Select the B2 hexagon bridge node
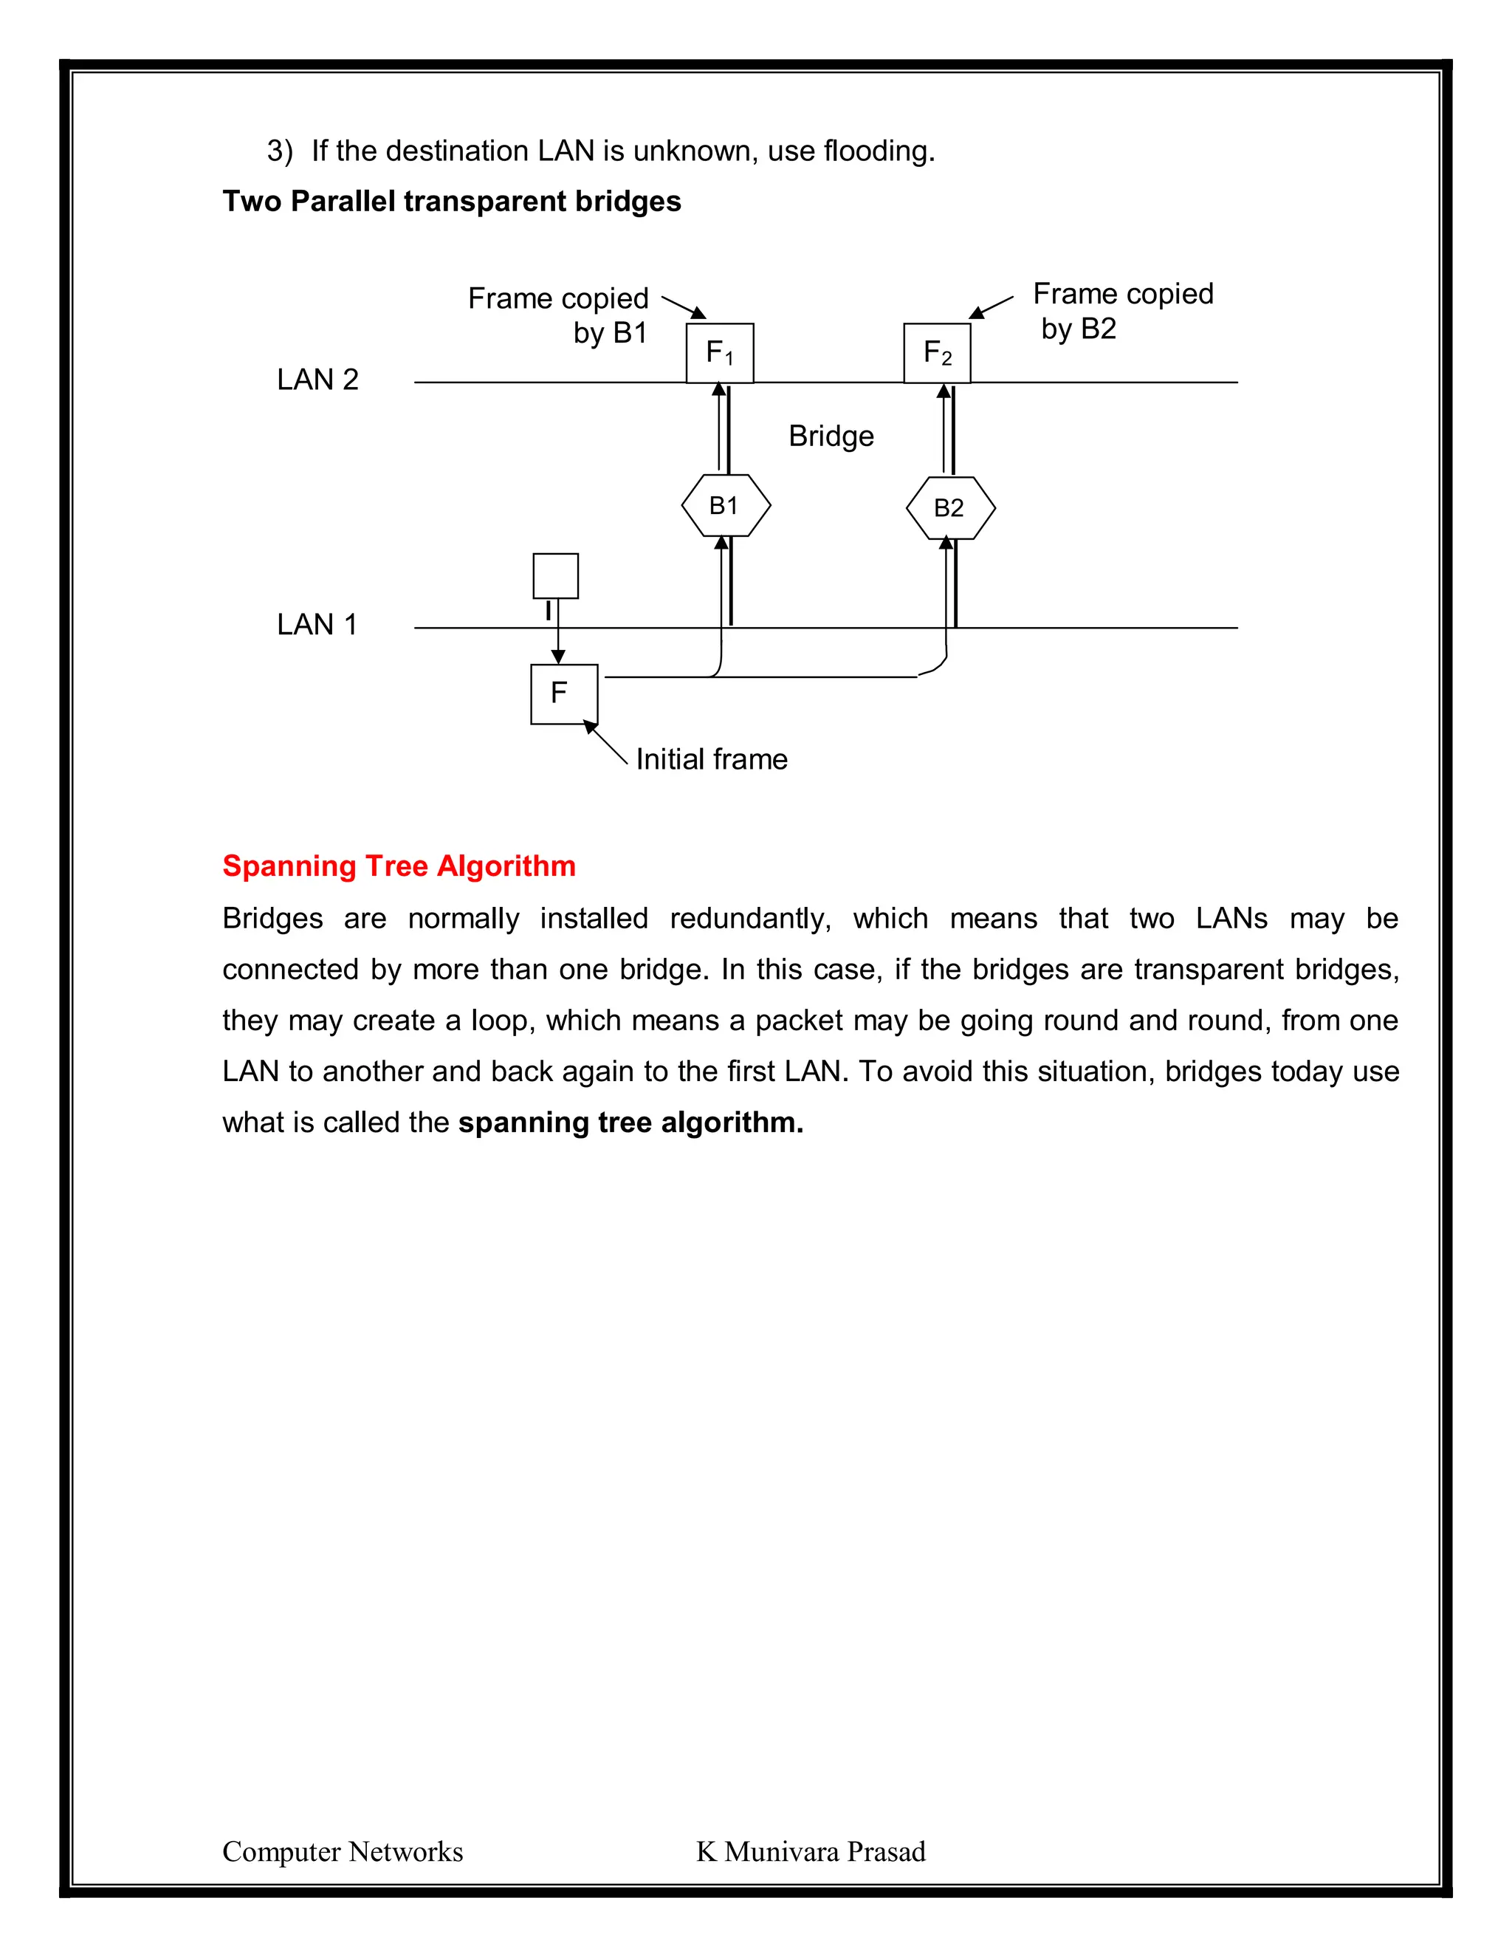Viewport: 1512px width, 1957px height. [x=950, y=508]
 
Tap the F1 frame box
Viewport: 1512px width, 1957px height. [x=719, y=353]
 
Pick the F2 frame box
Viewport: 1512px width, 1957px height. [x=937, y=353]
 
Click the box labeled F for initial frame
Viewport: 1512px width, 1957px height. [x=563, y=693]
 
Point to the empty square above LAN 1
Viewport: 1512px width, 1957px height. [x=555, y=575]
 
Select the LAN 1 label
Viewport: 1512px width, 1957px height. [x=317, y=625]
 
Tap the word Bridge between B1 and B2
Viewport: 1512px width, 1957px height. [x=831, y=436]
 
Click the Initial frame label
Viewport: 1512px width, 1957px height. [x=711, y=759]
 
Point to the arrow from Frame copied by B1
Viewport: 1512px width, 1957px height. [x=684, y=306]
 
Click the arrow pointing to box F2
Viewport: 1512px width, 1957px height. [x=991, y=307]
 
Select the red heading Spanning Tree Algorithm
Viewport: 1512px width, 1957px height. [x=399, y=866]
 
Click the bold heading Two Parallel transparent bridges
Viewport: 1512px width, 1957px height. [x=451, y=201]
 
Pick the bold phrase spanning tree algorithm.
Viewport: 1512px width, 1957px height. [x=630, y=1122]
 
